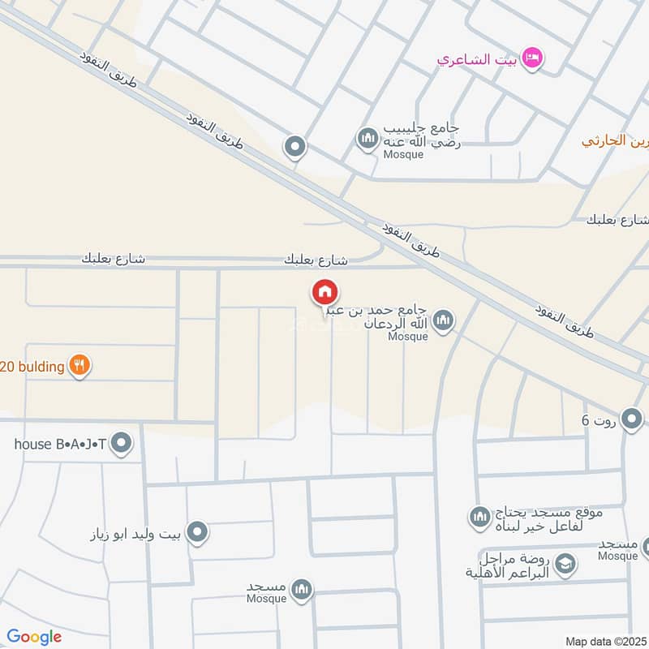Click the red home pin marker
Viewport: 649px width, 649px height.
tap(324, 293)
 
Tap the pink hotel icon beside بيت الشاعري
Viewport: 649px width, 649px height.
tap(533, 58)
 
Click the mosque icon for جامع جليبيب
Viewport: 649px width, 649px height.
tap(368, 139)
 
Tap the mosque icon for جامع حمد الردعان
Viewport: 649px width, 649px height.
tap(443, 321)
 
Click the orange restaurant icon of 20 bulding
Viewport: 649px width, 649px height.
tap(79, 366)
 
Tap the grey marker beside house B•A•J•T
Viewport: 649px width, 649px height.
tap(122, 444)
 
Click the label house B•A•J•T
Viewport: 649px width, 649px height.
tap(61, 444)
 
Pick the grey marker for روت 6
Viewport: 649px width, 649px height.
tap(633, 419)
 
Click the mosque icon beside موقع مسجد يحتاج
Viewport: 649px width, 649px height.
tap(479, 516)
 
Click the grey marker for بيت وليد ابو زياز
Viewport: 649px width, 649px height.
tap(196, 533)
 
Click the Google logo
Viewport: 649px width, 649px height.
tap(34, 637)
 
